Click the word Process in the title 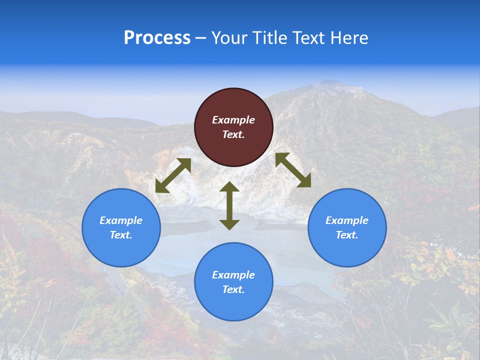pyautogui.click(x=157, y=38)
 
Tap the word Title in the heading pyautogui.click(x=269, y=38)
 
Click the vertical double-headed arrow pyautogui.click(x=229, y=205)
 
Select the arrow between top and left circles pyautogui.click(x=173, y=175)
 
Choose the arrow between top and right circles pyautogui.click(x=293, y=170)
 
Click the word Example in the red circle pyautogui.click(x=233, y=120)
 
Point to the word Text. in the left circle pyautogui.click(x=121, y=235)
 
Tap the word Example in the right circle pyautogui.click(x=347, y=220)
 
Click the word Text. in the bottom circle pyautogui.click(x=233, y=289)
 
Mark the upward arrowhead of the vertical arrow pyautogui.click(x=229, y=187)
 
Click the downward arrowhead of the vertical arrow pyautogui.click(x=229, y=224)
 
